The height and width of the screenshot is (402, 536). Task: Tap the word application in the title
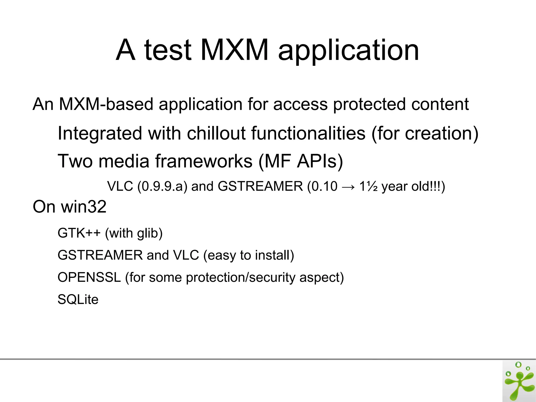348,51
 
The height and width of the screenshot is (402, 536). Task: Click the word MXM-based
106,104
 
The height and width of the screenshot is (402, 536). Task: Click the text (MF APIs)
300,161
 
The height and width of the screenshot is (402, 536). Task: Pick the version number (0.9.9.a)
162,186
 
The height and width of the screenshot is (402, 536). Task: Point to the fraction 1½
368,186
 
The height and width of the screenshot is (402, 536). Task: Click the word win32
83,207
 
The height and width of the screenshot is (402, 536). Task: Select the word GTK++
79,233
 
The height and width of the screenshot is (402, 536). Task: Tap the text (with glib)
134,233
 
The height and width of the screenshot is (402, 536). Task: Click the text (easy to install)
249,255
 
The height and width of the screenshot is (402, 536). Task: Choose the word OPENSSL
89,277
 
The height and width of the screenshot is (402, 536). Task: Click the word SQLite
78,299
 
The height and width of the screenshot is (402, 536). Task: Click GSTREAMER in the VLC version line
260,186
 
